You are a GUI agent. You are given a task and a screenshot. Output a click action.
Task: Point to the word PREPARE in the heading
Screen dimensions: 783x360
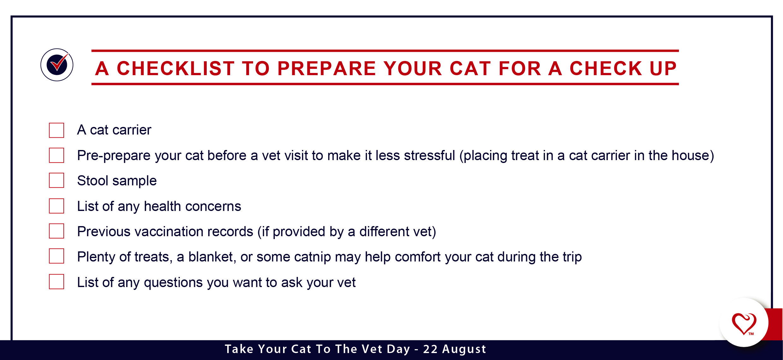[x=327, y=68]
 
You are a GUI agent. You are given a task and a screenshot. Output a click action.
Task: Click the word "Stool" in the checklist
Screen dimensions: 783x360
[x=93, y=181]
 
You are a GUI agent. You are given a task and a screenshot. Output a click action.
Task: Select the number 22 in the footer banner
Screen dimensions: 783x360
[x=430, y=349]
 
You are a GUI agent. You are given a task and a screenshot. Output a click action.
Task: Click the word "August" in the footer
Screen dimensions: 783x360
[x=464, y=349]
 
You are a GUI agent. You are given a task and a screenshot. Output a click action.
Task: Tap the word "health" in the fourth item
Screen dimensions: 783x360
[x=163, y=206]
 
